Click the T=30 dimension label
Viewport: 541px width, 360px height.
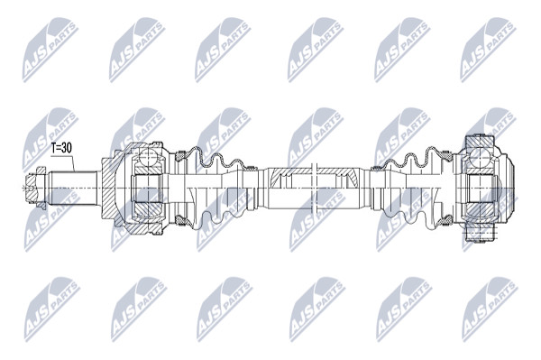pos(61,148)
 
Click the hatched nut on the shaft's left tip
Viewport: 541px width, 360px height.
pos(35,188)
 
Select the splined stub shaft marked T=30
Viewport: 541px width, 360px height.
pos(72,188)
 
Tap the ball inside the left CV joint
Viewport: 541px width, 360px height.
pos(149,159)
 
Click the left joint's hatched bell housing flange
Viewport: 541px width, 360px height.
pos(110,188)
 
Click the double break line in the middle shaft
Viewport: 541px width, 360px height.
pos(314,188)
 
